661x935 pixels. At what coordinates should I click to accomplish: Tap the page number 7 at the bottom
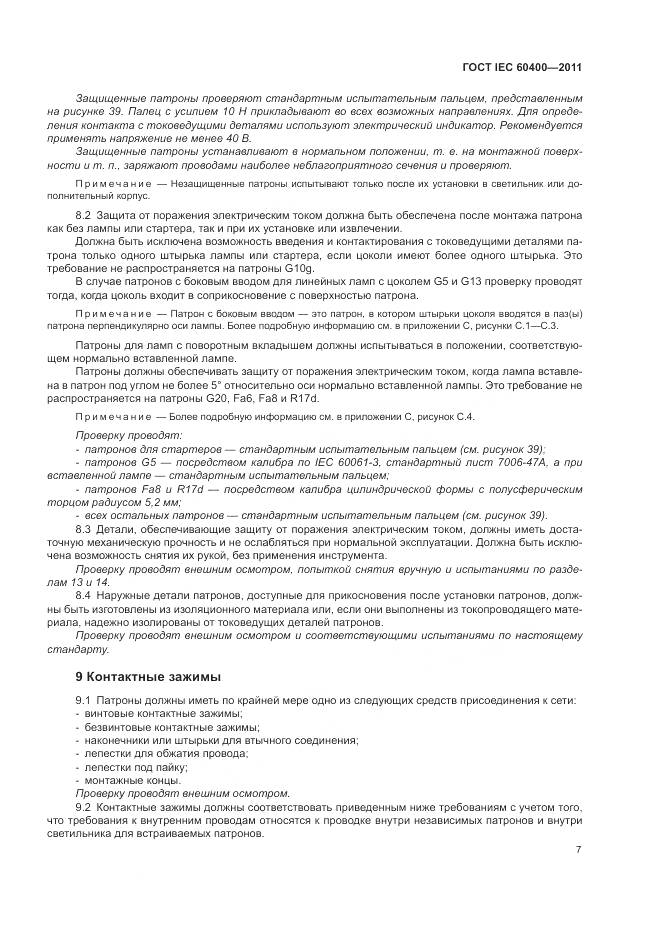coord(579,849)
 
